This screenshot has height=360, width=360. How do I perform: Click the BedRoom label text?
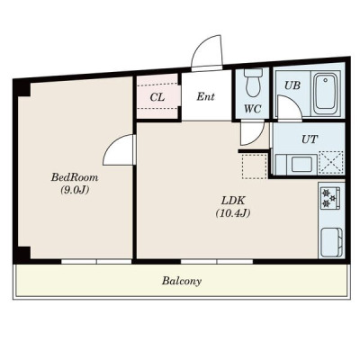(x=75, y=177)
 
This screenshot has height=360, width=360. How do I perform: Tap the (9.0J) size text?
(x=75, y=190)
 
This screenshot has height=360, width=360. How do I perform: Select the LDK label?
(x=233, y=200)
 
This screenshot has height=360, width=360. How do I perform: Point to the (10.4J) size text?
(x=233, y=212)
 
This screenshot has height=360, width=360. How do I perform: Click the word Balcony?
(x=182, y=282)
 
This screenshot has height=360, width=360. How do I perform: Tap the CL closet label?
(x=157, y=97)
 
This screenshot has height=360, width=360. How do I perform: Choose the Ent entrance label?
(x=205, y=96)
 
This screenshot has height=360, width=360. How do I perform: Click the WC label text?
(x=252, y=109)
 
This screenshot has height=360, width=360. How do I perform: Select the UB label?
(x=292, y=85)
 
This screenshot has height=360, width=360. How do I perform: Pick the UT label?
(x=309, y=139)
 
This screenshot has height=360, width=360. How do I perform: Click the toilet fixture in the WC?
(x=253, y=82)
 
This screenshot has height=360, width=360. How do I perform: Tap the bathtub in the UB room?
(x=327, y=94)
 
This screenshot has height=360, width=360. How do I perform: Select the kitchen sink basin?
(x=332, y=241)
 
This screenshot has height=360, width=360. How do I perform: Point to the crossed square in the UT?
(x=331, y=162)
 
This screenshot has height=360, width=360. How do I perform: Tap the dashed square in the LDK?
(x=255, y=166)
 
